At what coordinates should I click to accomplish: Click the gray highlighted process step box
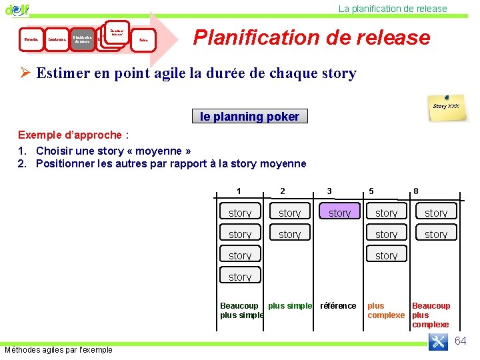[x=82, y=39]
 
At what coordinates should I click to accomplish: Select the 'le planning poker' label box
[x=249, y=117]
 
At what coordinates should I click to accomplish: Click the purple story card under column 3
[x=339, y=213]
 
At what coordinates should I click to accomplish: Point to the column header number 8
[x=416, y=191]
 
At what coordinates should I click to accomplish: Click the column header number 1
[x=239, y=191]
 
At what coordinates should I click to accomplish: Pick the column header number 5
[x=372, y=191]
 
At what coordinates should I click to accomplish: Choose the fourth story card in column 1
[x=240, y=277]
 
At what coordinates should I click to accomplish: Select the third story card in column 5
[x=386, y=255]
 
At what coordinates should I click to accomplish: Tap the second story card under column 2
[x=289, y=234]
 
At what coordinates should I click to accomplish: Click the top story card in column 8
[x=436, y=213]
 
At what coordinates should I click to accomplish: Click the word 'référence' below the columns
[x=338, y=306]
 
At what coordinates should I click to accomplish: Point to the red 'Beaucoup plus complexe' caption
[x=431, y=315]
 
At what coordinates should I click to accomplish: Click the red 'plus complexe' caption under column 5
[x=385, y=310]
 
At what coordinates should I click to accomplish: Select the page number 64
[x=461, y=341]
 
